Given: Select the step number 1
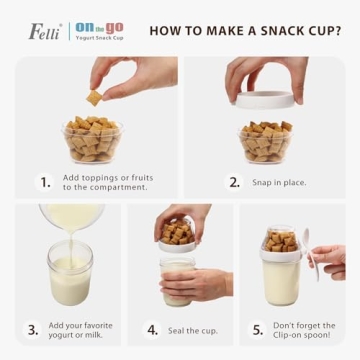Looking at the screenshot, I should (45, 182).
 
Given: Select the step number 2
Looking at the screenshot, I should (235, 182).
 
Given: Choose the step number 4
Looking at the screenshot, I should (152, 330).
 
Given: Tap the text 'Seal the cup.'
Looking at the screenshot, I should (192, 330).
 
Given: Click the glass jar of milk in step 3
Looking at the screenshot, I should (70, 274).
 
